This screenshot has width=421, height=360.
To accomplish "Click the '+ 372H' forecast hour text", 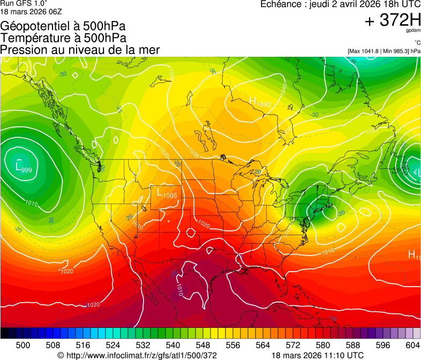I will pyautogui.click(x=392, y=20).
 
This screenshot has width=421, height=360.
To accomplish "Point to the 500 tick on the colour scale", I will pyautogui.click(x=22, y=344).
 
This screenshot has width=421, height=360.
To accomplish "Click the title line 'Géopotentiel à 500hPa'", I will pyautogui.click(x=63, y=26).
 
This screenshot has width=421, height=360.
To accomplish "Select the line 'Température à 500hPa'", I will pyautogui.click(x=63, y=38).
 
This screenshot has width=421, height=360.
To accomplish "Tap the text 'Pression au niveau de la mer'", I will pyautogui.click(x=80, y=50).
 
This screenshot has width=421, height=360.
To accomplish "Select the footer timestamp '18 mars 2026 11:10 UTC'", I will pyautogui.click(x=318, y=355).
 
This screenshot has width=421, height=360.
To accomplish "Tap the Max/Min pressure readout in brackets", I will pyautogui.click(x=384, y=51).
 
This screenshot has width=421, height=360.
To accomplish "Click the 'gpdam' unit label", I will pyautogui.click(x=414, y=30).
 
